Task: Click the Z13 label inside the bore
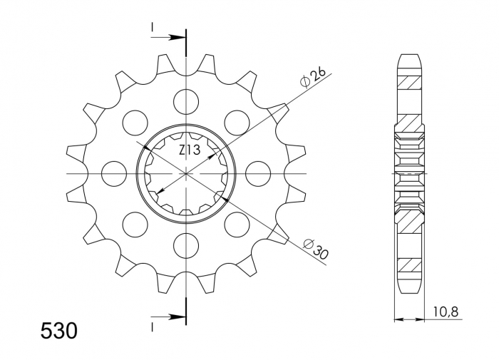tap(188, 150)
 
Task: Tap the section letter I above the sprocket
tap(153, 27)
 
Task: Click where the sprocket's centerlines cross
tap(186, 173)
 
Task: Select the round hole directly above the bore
tap(186, 101)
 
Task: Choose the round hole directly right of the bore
tap(257, 173)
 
